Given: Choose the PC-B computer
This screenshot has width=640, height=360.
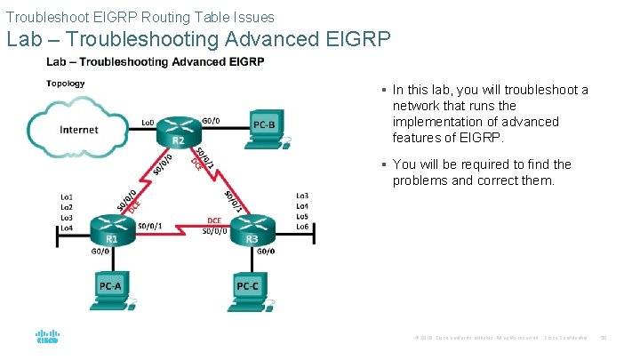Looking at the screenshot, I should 266,127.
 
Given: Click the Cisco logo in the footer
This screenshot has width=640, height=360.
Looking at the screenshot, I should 47,338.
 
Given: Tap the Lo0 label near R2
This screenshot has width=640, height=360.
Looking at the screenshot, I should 149,121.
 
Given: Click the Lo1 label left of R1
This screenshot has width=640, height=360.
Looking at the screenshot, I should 66,196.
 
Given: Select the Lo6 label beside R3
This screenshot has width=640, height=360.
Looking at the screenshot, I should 302,228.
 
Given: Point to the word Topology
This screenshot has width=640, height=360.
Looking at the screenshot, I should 66,84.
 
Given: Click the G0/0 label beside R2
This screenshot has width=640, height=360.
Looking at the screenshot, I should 212,120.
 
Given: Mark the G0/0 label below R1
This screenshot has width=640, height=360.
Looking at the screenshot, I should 100,252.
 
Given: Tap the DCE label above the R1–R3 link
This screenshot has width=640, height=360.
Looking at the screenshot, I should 214,220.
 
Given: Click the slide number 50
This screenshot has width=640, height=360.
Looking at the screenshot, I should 604,339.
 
